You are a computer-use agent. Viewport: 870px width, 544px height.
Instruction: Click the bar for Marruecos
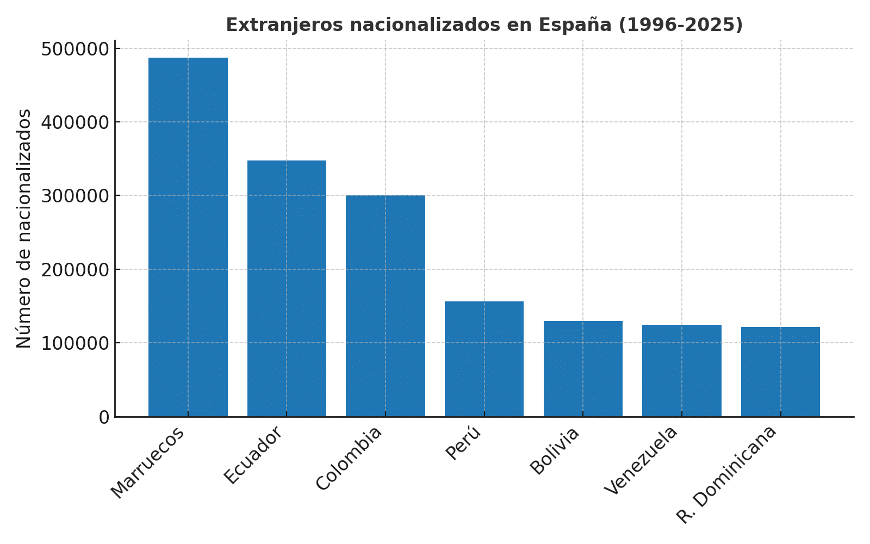(188, 237)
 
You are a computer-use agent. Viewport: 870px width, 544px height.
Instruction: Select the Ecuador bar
(287, 288)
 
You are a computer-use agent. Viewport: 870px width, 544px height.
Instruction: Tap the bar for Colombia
(386, 306)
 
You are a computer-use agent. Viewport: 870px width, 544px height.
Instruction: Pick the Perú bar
(484, 359)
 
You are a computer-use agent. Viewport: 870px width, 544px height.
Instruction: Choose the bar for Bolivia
(583, 369)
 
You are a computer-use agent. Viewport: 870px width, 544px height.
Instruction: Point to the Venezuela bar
(682, 370)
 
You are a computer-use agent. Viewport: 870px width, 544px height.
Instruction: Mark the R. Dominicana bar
(780, 372)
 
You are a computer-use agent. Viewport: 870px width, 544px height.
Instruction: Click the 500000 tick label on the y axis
(75, 49)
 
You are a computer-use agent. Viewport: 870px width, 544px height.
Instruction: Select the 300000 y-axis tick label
(75, 196)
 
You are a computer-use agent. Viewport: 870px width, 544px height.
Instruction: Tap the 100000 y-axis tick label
(75, 343)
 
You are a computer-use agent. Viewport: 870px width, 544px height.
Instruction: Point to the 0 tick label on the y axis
(104, 417)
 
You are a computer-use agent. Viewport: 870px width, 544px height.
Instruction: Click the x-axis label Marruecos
(148, 462)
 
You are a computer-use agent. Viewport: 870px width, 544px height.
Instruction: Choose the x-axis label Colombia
(349, 459)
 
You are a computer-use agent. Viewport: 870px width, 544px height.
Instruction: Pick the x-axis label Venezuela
(642, 460)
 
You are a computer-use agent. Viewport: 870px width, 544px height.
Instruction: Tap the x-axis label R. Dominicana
(727, 474)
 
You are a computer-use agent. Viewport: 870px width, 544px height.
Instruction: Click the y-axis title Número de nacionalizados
(24, 228)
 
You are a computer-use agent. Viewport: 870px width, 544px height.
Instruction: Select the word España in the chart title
(575, 25)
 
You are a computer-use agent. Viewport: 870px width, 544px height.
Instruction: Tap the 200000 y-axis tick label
(75, 270)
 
